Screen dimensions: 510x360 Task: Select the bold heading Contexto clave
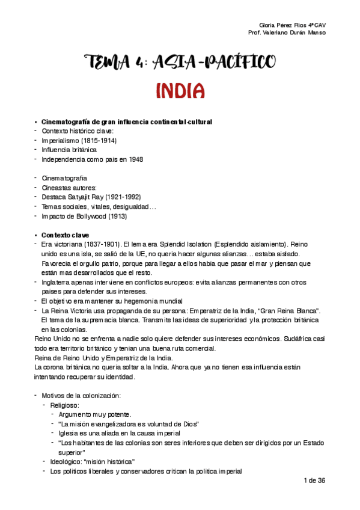pos(65,235)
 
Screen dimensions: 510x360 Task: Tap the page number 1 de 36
pos(314,481)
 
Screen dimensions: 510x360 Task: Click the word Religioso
pos(66,405)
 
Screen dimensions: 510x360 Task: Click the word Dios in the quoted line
pos(188,424)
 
